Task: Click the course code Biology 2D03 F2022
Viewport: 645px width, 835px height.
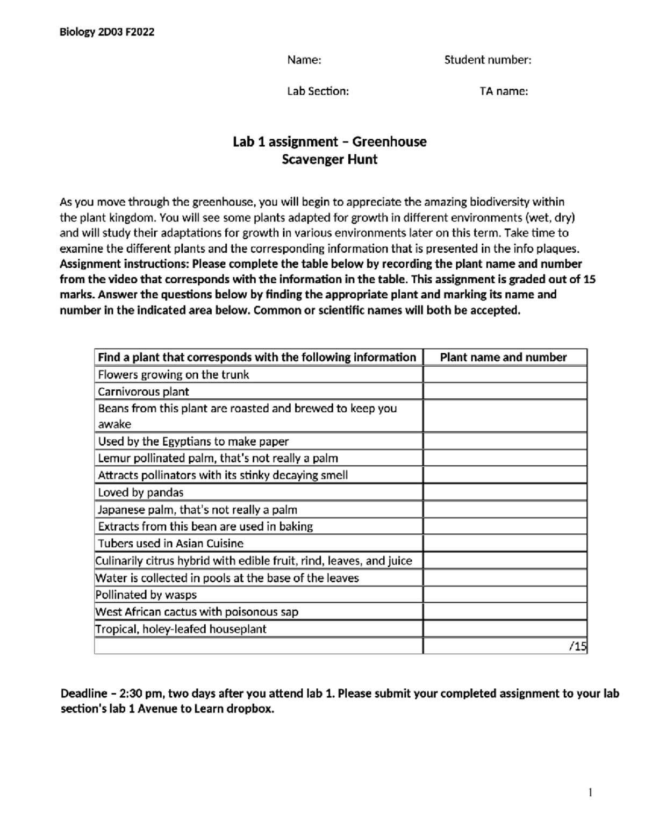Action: [x=107, y=32]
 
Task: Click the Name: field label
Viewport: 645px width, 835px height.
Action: [x=304, y=60]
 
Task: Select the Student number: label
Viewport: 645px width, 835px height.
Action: [x=488, y=60]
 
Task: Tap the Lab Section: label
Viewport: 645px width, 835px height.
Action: [x=318, y=91]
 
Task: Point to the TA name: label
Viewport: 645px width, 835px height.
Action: [x=504, y=91]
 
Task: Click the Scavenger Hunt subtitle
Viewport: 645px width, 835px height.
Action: [x=329, y=160]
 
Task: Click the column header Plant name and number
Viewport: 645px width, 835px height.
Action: [x=504, y=358]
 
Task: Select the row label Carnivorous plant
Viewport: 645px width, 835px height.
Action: [x=144, y=391]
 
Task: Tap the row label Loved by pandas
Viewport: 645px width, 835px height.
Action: [x=141, y=493]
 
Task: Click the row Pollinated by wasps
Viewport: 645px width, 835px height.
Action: [x=146, y=595]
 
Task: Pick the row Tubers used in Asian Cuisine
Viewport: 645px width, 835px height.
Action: [x=171, y=544]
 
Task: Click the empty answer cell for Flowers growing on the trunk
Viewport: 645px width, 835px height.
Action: [x=504, y=375]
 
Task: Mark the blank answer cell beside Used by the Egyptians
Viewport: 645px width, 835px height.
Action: [x=504, y=441]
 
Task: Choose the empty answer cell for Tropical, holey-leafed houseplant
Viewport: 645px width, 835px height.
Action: [x=504, y=629]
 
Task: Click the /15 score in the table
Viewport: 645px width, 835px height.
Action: [x=577, y=646]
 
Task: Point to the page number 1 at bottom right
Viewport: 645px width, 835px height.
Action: [x=590, y=793]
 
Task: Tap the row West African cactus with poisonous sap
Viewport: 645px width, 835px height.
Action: [x=197, y=612]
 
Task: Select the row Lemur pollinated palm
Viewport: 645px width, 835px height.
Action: [x=218, y=459]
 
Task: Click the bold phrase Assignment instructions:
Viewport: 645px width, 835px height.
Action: [x=125, y=264]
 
